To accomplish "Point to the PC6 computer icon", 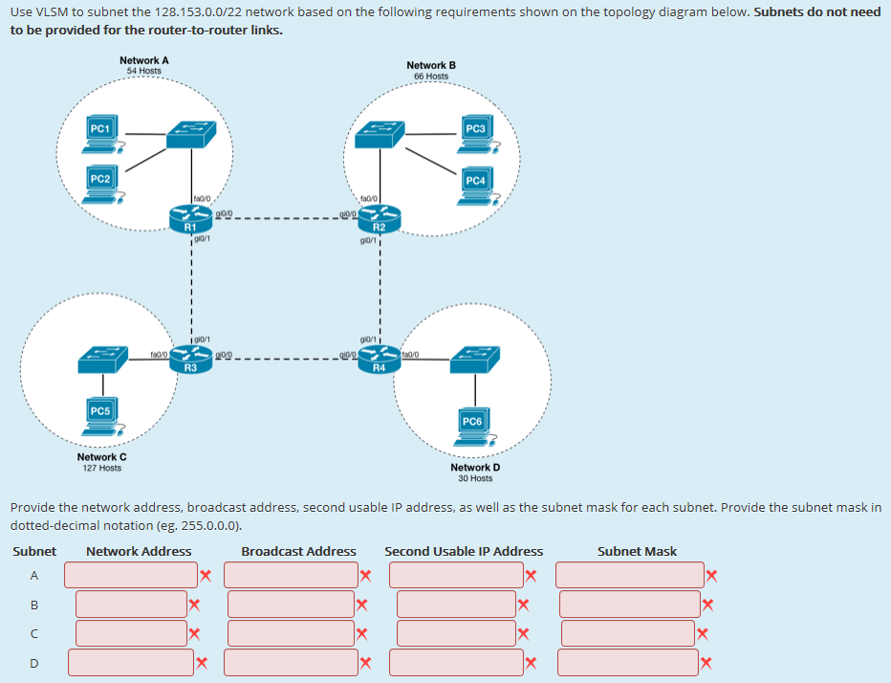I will tap(473, 427).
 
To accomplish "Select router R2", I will tap(379, 221).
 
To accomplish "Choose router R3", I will tap(190, 361).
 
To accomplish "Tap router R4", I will tap(379, 361).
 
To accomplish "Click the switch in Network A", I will tap(191, 136).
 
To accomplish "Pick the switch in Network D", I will tap(472, 361).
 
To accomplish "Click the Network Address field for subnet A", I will tap(131, 575).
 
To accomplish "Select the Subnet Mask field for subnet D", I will tap(628, 662).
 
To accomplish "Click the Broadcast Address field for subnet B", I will tap(291, 604).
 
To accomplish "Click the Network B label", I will tap(431, 65).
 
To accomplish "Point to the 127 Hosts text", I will tap(101, 468).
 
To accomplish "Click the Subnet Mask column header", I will tap(637, 551).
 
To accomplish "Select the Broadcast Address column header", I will tap(298, 551).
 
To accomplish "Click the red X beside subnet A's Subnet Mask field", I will tap(710, 575).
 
